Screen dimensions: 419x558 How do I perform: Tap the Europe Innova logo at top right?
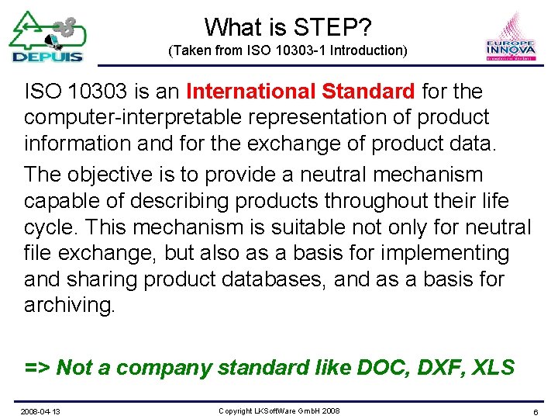coord(511,37)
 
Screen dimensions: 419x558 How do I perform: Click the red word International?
coord(248,92)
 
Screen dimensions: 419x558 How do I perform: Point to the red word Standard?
coord(368,92)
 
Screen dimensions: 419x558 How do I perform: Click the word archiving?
coord(69,305)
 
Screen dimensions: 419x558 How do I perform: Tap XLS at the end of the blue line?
coord(493,367)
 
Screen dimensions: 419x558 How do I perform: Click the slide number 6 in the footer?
coord(536,410)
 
